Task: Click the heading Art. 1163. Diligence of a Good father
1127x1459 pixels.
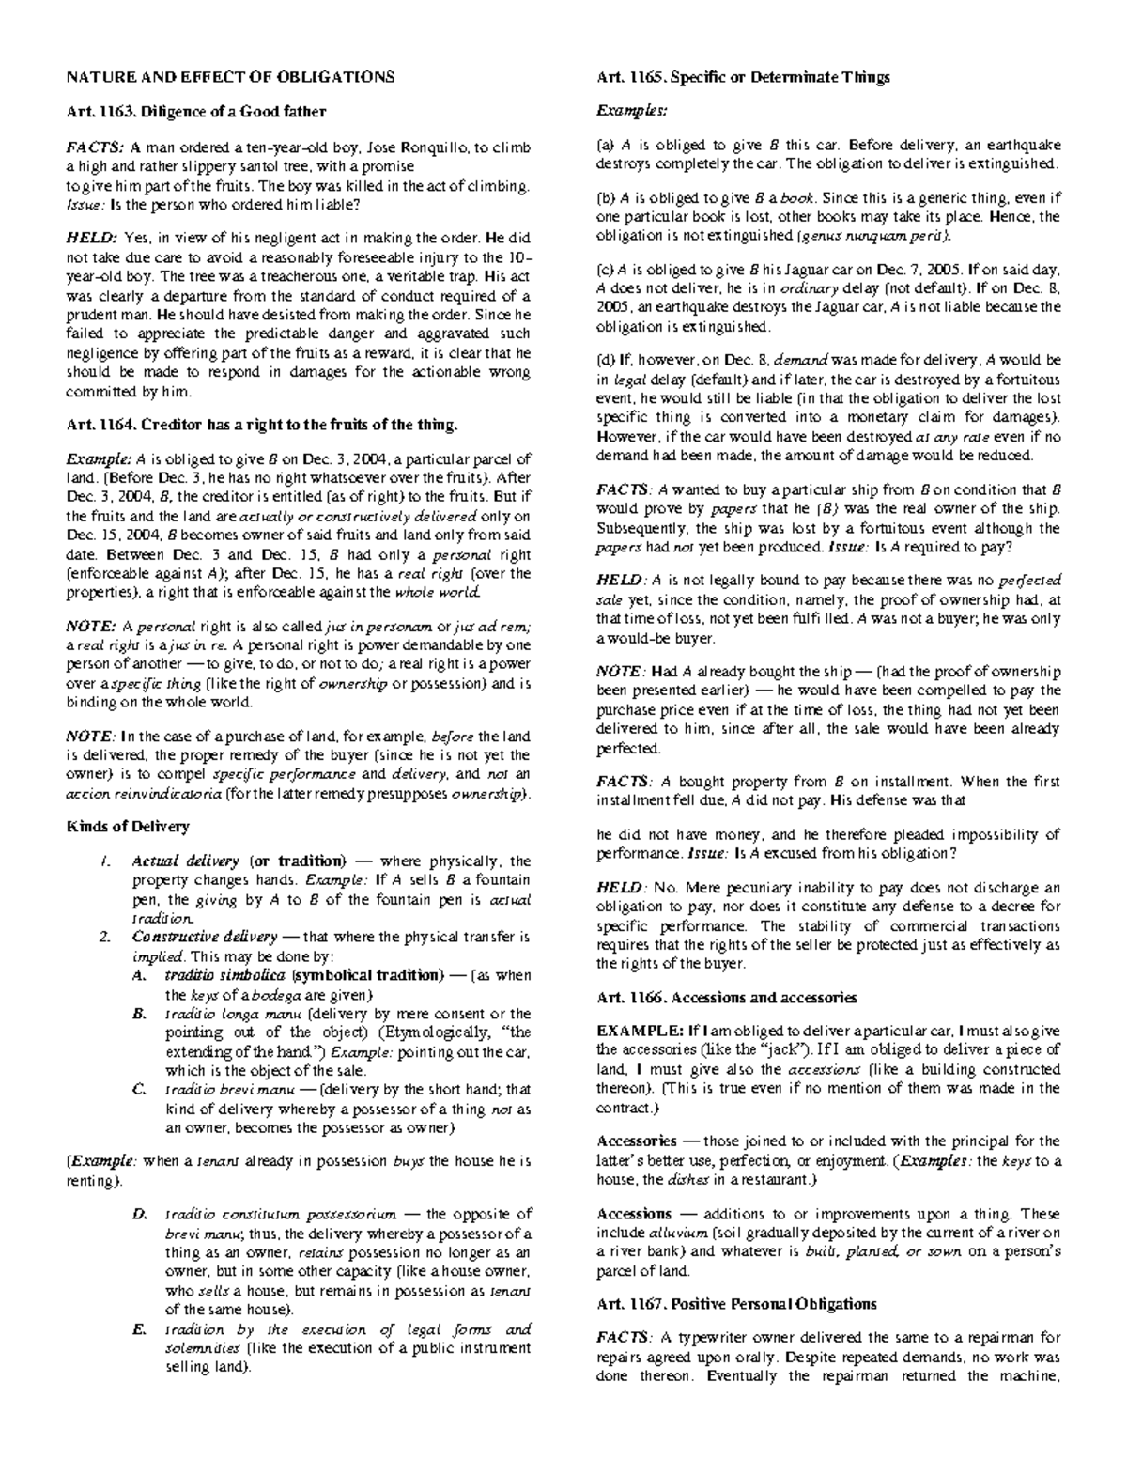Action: pos(195,112)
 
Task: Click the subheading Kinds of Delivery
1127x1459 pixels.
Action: pos(127,827)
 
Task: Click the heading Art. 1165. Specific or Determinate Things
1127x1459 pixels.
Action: pos(743,78)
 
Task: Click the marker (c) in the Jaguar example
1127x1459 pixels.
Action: pos(604,269)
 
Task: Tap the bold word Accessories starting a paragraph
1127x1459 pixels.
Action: pos(637,1141)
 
